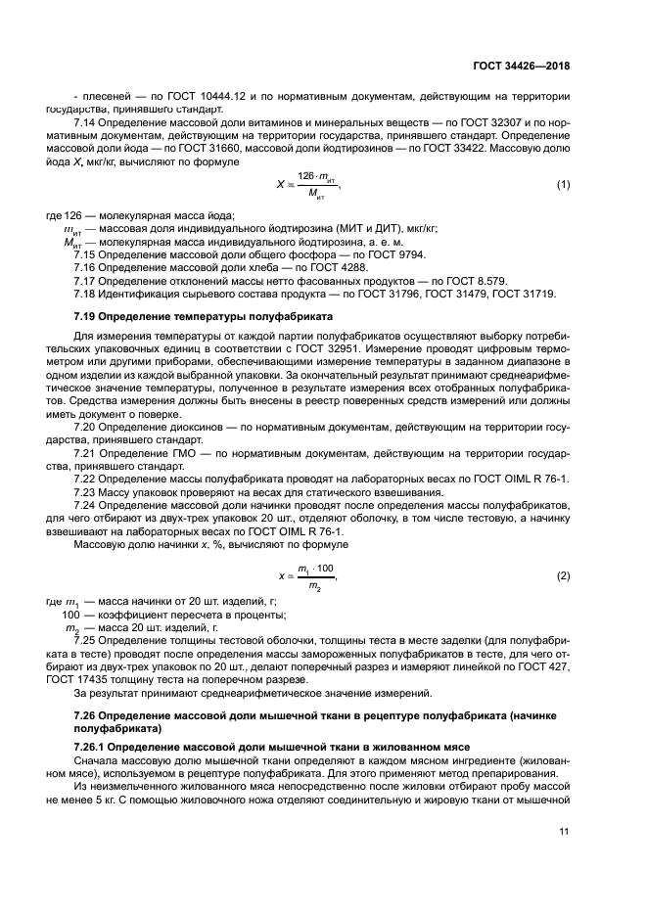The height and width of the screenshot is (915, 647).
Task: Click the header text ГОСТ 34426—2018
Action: [523, 67]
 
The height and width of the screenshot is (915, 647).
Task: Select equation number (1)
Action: [564, 184]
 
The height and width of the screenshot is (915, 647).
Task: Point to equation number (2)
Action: [564, 575]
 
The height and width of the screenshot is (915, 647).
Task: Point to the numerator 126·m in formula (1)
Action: [316, 175]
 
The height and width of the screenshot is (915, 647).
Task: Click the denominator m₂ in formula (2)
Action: [315, 585]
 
